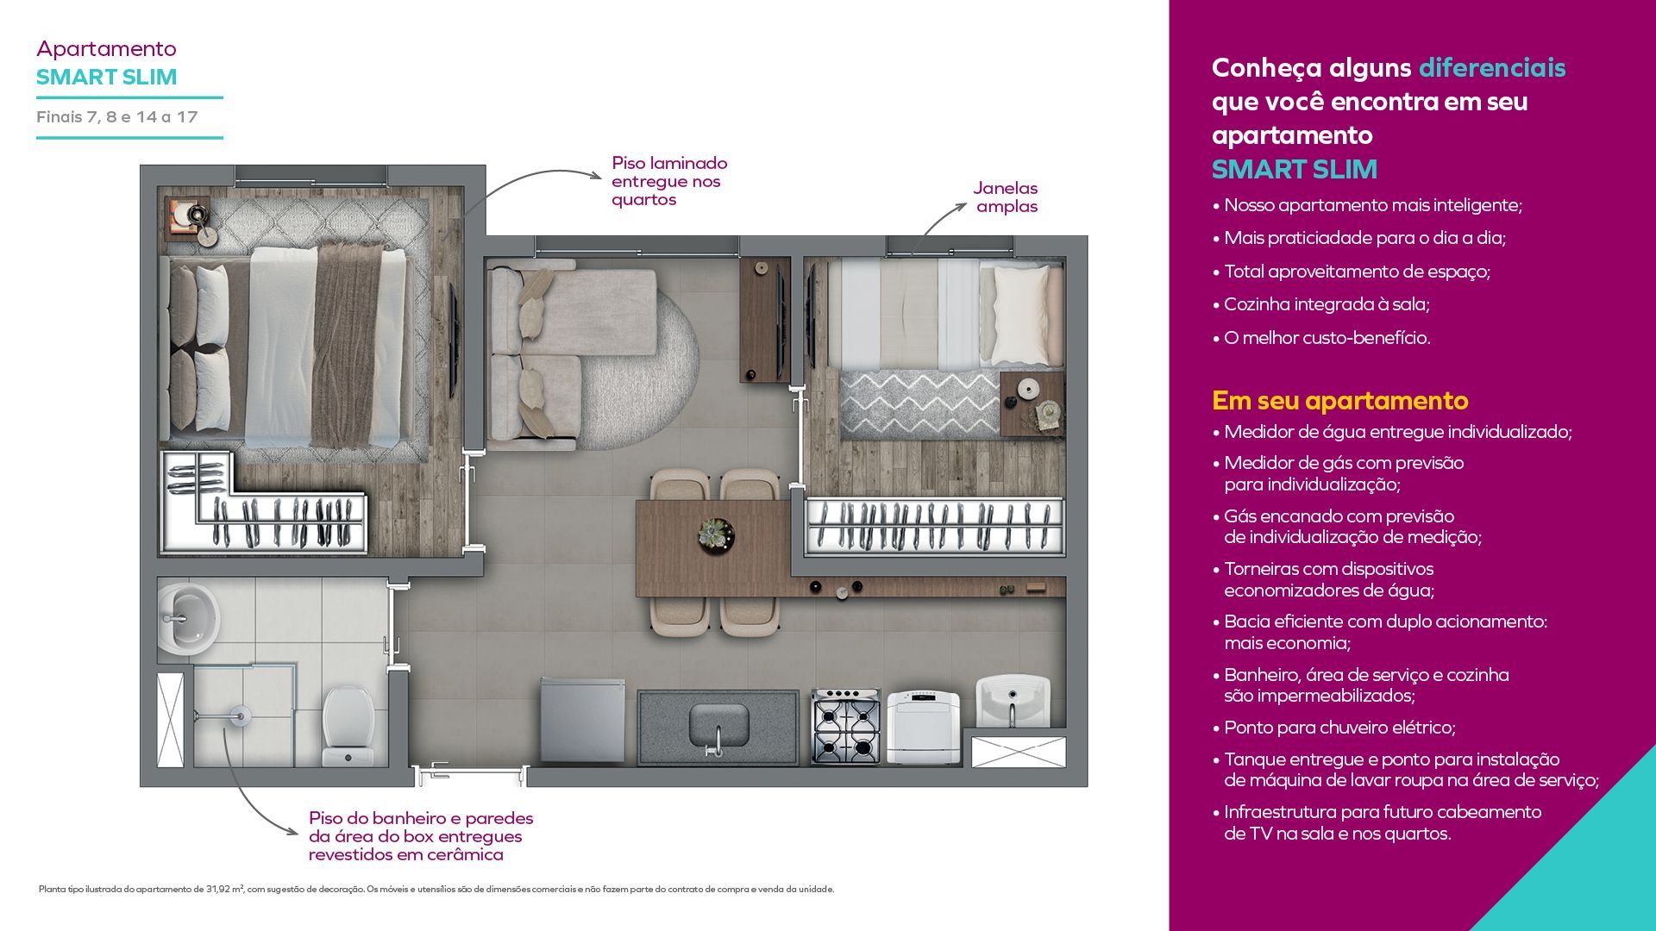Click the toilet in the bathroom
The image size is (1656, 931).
pos(348,725)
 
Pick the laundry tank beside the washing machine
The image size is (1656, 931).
pos(1013,703)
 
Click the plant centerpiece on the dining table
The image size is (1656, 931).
pos(716,534)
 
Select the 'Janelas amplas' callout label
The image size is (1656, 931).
pos(1006,197)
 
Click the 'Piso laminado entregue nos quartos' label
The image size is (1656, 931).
pos(669,181)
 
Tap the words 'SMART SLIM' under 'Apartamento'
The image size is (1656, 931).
pos(107,77)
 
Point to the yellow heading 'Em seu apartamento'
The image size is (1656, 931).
pos(1339,400)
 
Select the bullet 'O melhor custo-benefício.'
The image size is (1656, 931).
pos(1321,338)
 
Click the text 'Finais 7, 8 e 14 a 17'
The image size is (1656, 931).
pos(117,117)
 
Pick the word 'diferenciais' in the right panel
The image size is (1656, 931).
pos(1492,67)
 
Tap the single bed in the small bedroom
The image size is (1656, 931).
pos(944,315)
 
